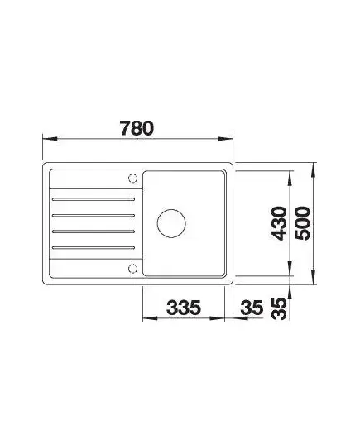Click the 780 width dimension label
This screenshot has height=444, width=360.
pyautogui.click(x=137, y=128)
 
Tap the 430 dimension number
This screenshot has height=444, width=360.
pyautogui.click(x=279, y=223)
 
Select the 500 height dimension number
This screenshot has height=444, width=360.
pyautogui.click(x=302, y=223)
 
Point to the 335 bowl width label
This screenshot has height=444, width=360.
pyautogui.click(x=184, y=308)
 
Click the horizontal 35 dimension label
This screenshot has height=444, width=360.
pyautogui.click(x=252, y=308)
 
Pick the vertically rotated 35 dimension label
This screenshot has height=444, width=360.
pyautogui.click(x=279, y=308)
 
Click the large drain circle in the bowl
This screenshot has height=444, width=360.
pyautogui.click(x=171, y=223)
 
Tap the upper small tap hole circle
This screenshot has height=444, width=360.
pyautogui.click(x=133, y=179)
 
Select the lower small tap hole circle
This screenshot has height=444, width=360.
pyautogui.click(x=133, y=268)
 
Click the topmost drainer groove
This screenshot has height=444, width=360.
pyautogui.click(x=94, y=199)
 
